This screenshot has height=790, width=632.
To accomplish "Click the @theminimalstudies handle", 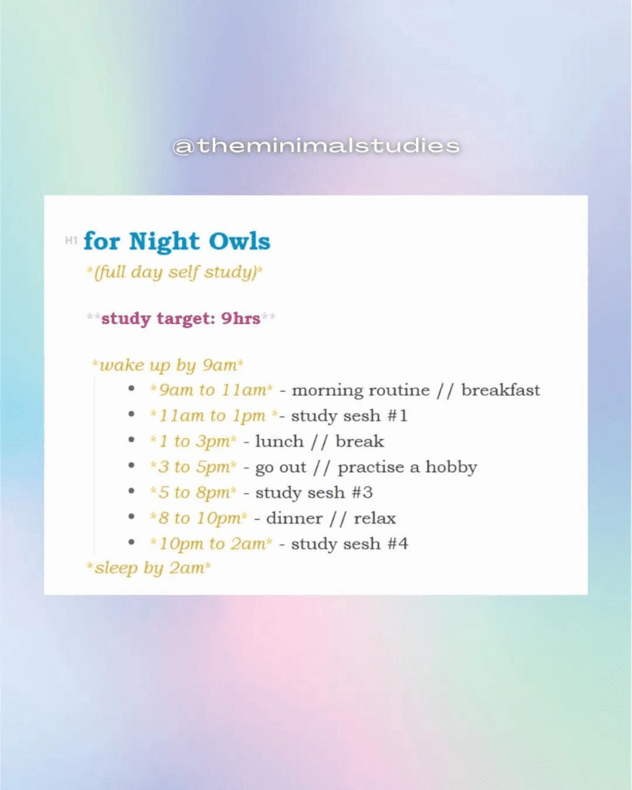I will pyautogui.click(x=316, y=146).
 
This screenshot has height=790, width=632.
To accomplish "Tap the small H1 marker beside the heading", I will pyautogui.click(x=72, y=241).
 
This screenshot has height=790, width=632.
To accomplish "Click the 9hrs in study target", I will pyautogui.click(x=241, y=319).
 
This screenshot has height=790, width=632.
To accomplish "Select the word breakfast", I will pyautogui.click(x=500, y=390).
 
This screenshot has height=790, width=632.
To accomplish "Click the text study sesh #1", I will pyautogui.click(x=349, y=417).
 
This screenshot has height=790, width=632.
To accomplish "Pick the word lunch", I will pyautogui.click(x=279, y=442).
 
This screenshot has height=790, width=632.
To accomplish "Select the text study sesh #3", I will pyautogui.click(x=314, y=493).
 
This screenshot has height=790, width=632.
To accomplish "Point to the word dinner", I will pyautogui.click(x=294, y=518).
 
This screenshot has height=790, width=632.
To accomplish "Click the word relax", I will pyautogui.click(x=374, y=518).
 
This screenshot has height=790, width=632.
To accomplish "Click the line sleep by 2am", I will pyautogui.click(x=149, y=569).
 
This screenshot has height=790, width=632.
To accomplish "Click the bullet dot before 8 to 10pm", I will pyautogui.click(x=132, y=518).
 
